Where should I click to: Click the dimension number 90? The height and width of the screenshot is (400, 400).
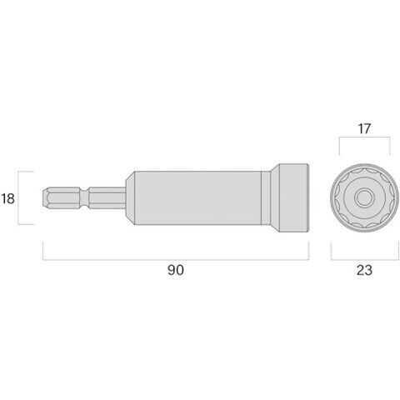click(x=176, y=270)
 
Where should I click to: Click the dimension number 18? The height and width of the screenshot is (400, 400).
click(x=7, y=199)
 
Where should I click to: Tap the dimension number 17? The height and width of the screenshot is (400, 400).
click(x=364, y=129)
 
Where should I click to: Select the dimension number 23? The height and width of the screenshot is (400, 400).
click(x=364, y=270)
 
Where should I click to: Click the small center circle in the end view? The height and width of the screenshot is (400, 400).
click(x=364, y=197)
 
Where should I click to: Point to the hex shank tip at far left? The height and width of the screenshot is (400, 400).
click(x=45, y=197)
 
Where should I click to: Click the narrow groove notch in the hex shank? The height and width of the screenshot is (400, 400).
click(x=84, y=197)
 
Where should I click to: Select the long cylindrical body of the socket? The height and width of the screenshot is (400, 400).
click(x=197, y=198)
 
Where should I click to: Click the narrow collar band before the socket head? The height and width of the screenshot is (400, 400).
click(x=266, y=198)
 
